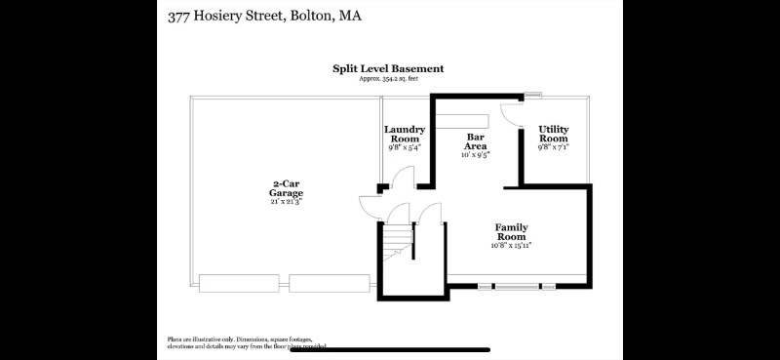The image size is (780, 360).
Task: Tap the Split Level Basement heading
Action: tap(388, 68)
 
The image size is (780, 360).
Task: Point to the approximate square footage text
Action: tap(388, 78)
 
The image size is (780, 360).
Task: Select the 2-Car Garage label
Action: tap(287, 187)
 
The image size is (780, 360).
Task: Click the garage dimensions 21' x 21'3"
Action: tap(287, 201)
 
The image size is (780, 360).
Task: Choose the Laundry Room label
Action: tap(405, 134)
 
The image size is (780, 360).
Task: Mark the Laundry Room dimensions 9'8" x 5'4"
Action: tap(405, 148)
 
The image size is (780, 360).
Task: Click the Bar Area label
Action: tap(476, 141)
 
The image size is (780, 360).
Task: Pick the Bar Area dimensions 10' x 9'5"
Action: tap(476, 154)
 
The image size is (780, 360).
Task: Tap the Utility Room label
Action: tap(554, 134)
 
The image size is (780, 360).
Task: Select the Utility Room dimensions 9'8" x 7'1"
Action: tap(554, 147)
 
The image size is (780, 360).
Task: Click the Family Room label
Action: tap(511, 231)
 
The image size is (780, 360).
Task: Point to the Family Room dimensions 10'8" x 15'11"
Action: tap(511, 246)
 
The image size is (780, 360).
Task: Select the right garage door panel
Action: tap(330, 284)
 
